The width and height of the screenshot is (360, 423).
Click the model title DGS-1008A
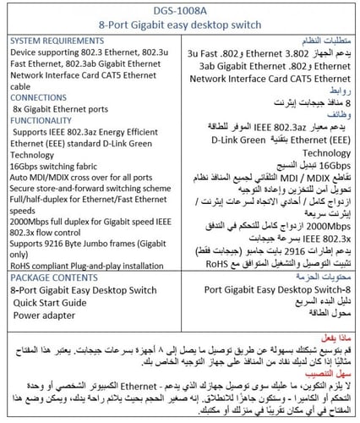point(180,11)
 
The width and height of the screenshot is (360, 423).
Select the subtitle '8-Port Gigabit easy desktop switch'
point(180,27)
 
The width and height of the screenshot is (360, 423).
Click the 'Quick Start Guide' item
point(61,303)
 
